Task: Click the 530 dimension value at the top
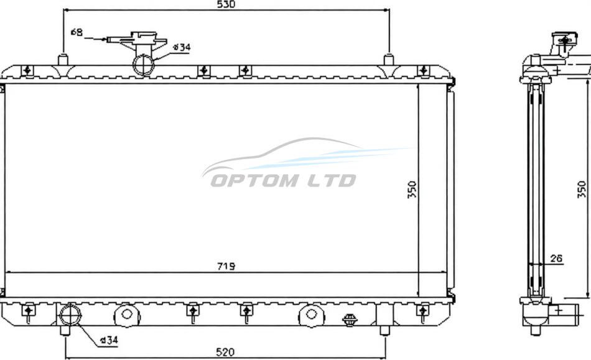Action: (x=226, y=4)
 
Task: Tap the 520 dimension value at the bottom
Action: (x=225, y=352)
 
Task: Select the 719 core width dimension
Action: (x=226, y=266)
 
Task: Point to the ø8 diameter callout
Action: (x=77, y=32)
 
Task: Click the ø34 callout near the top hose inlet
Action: (x=182, y=47)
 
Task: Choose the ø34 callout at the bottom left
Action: (x=109, y=341)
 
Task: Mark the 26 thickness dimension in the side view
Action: (x=556, y=258)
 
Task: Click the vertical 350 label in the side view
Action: (x=583, y=190)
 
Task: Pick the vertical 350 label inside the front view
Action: (x=412, y=190)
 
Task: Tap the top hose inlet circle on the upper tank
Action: (x=144, y=64)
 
